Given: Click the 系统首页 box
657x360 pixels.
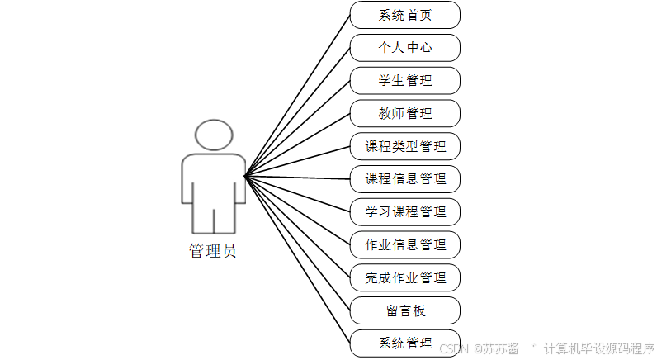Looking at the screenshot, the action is (404, 15).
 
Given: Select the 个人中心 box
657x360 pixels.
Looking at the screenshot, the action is (404, 48).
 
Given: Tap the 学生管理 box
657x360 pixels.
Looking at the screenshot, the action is (404, 81).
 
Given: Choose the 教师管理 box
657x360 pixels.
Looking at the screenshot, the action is (404, 113).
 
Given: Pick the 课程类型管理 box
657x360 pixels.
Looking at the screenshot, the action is (404, 146).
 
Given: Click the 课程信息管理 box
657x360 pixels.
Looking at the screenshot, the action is (404, 178).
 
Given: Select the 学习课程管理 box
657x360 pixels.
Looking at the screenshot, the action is (404, 211).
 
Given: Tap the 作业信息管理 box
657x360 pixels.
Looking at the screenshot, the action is (404, 244).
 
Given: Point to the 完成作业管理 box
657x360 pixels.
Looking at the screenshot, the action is (404, 277).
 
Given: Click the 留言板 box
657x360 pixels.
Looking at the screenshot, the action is (404, 310).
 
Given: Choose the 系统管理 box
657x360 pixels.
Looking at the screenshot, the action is (404, 343).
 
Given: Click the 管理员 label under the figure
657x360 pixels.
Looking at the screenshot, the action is (213, 251).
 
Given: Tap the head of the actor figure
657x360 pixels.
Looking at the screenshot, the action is (213, 135).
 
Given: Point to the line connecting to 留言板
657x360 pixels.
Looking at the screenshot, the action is (297, 243).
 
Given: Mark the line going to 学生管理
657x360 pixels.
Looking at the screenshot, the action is (297, 128).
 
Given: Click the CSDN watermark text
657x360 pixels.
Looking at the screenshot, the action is (453, 348).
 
